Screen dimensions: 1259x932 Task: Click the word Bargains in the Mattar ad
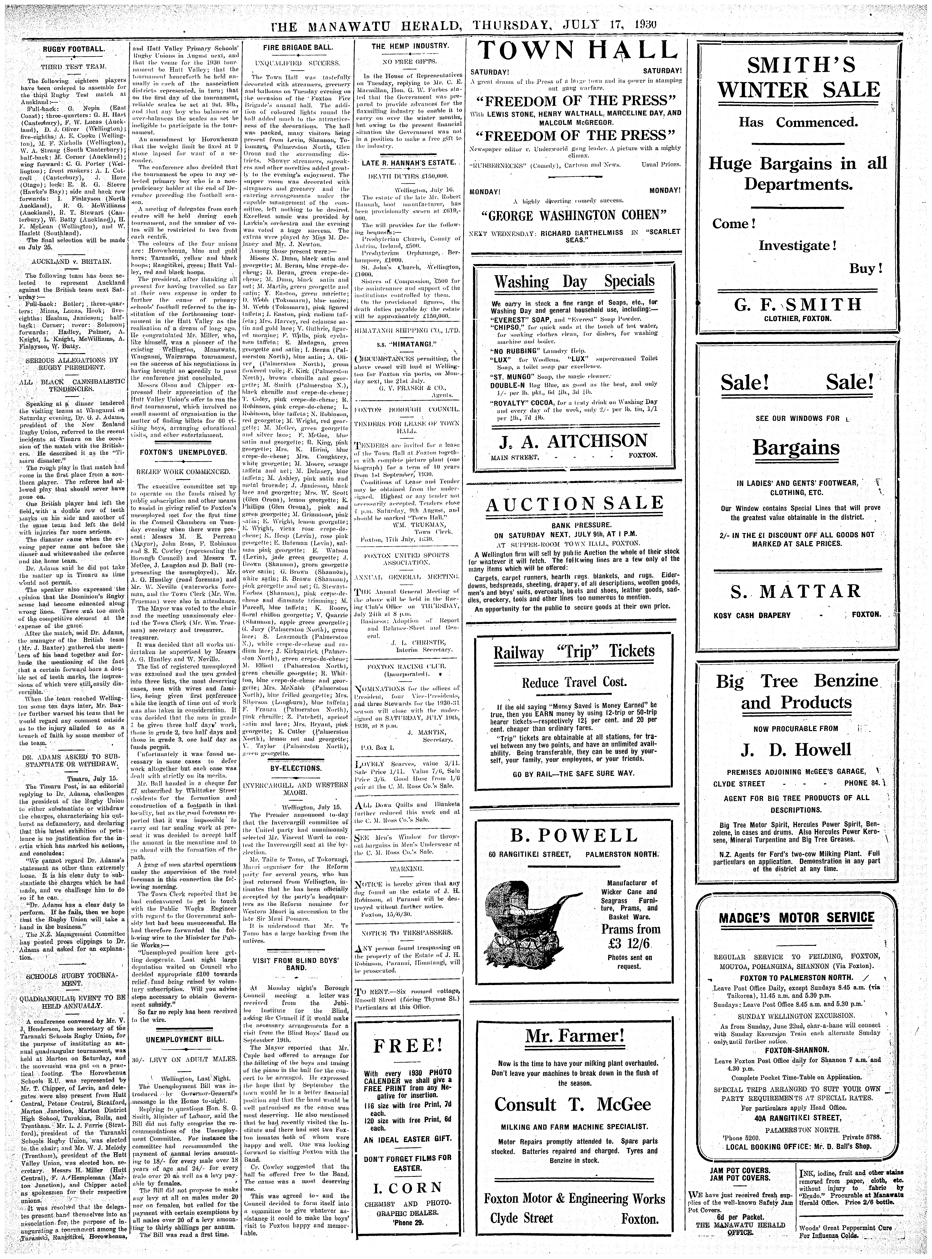[x=795, y=448]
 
